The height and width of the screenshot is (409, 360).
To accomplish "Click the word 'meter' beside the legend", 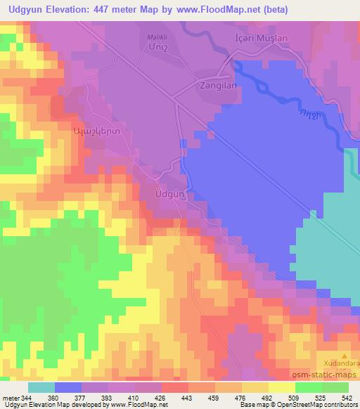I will [x=10, y=398].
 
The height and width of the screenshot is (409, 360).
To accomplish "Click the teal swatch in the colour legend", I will [x=41, y=387].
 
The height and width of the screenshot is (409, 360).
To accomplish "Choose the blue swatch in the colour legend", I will [x=68, y=387].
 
